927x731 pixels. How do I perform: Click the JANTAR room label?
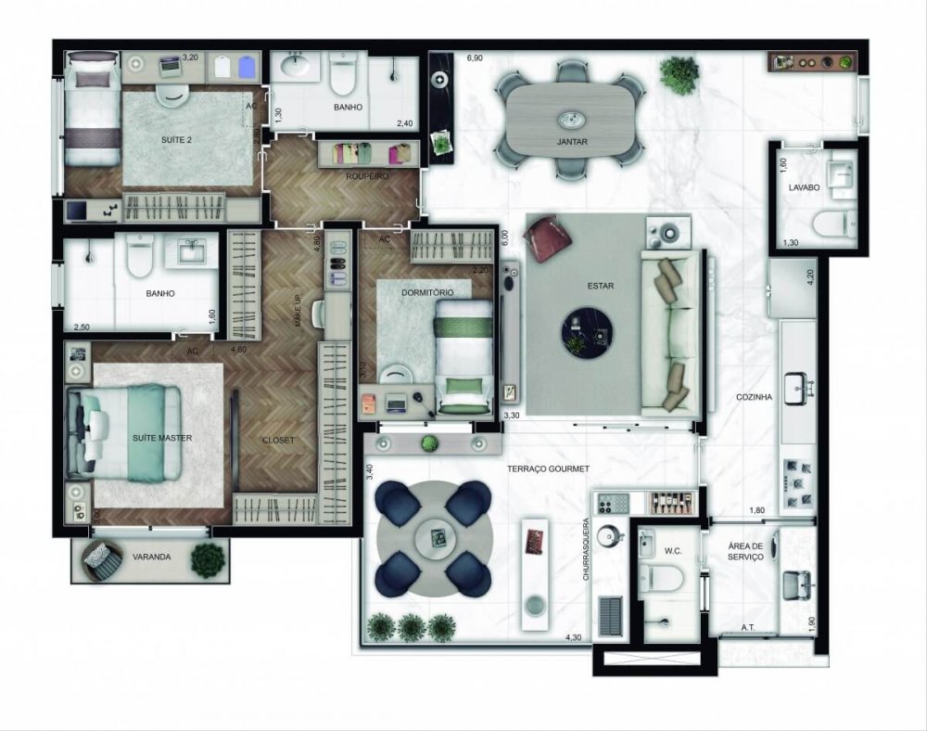(x=572, y=142)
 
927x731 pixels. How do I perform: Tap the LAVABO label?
(x=804, y=186)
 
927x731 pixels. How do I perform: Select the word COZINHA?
(x=755, y=397)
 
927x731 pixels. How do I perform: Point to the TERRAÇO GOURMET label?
(x=548, y=469)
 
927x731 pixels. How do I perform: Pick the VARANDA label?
(x=151, y=558)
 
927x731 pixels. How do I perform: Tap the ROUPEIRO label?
(x=365, y=175)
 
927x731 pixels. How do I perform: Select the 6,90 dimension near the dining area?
(x=476, y=58)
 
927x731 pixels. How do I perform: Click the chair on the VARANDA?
(x=97, y=559)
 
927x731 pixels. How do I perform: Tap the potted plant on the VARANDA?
(x=208, y=560)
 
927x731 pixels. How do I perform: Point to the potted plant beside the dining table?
(x=680, y=75)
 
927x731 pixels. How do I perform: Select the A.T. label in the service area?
(x=748, y=628)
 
